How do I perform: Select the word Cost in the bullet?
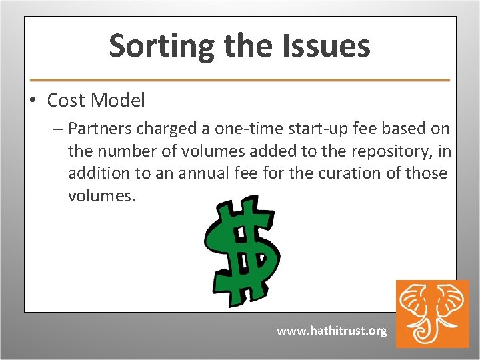(x=66, y=101)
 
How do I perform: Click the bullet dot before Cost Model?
(x=31, y=101)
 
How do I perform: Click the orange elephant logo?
(x=432, y=313)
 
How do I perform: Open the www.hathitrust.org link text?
(x=331, y=331)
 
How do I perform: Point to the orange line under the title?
(x=240, y=80)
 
